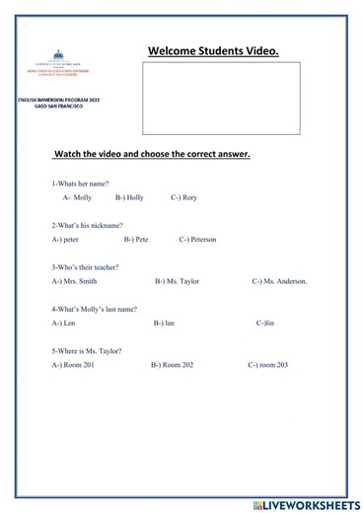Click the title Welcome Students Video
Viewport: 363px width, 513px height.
click(213, 51)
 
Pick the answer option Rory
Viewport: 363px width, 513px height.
click(184, 197)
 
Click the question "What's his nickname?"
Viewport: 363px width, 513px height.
click(87, 225)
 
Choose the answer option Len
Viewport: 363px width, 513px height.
click(69, 323)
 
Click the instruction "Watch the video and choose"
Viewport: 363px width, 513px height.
click(152, 155)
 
